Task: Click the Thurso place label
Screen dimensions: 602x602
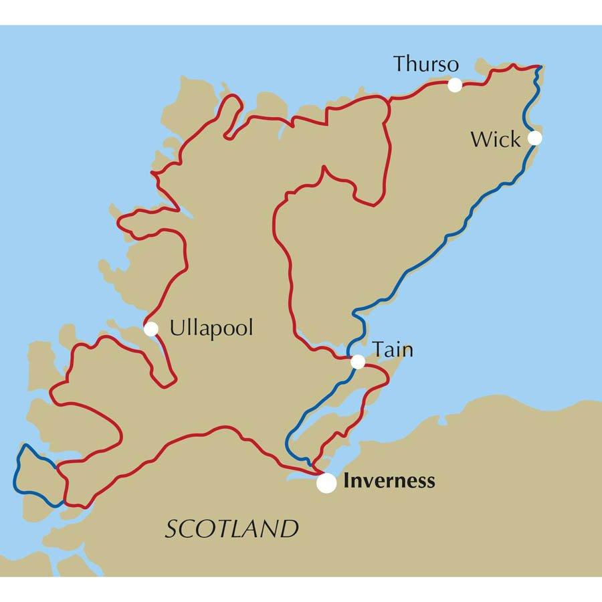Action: (x=426, y=64)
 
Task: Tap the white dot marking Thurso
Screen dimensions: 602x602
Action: (x=455, y=85)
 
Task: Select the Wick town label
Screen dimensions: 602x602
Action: (x=495, y=140)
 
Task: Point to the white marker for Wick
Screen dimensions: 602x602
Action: (x=534, y=138)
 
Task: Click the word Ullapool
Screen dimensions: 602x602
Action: (x=211, y=329)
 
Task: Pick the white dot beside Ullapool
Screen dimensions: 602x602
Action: (x=151, y=328)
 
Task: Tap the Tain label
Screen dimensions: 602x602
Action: (x=393, y=349)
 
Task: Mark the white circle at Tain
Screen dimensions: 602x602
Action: (x=359, y=362)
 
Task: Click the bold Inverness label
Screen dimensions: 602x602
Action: (x=389, y=481)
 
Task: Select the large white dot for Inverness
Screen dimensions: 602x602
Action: (x=326, y=483)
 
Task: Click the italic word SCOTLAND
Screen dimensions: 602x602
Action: (x=231, y=529)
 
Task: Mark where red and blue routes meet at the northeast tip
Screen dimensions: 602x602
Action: (x=539, y=67)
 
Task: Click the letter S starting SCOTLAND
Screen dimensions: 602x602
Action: (x=171, y=530)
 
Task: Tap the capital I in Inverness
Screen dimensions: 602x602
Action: (x=346, y=481)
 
